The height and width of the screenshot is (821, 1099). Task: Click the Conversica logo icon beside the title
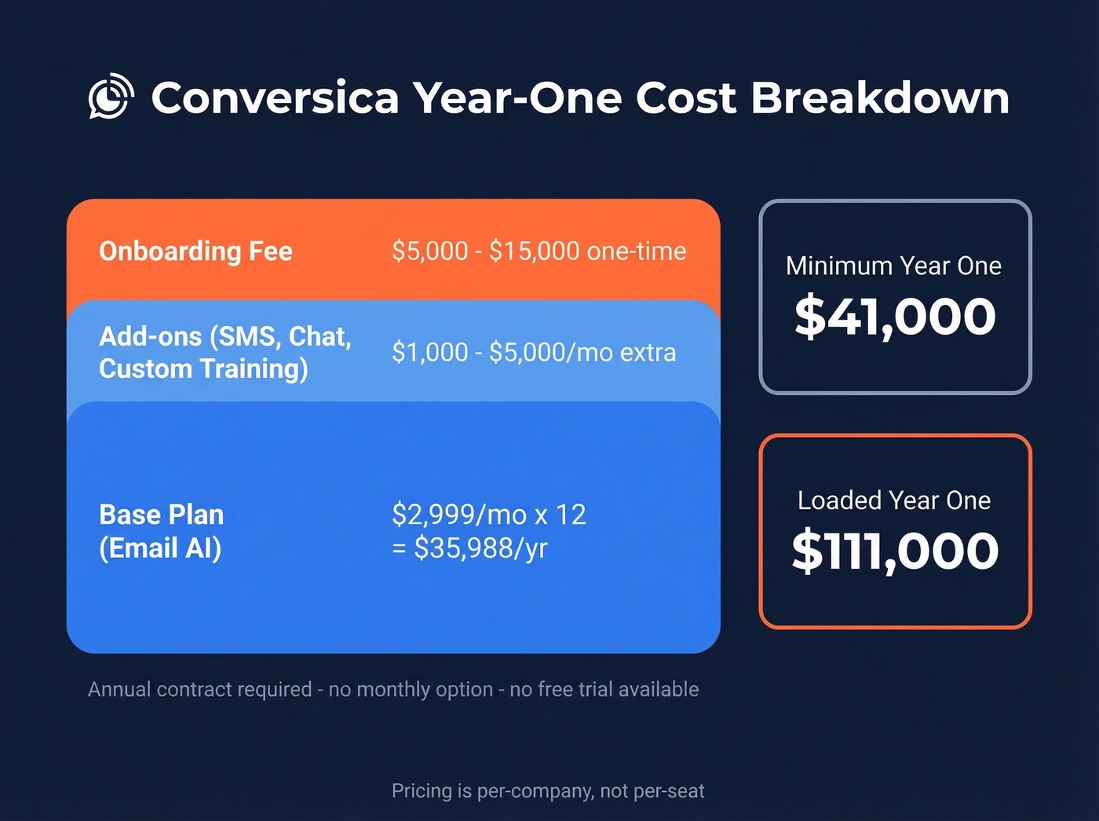111,97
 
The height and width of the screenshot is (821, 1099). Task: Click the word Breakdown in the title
880,97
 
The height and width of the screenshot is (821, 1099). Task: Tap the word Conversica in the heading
275,97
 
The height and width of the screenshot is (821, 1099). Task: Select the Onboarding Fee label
195,251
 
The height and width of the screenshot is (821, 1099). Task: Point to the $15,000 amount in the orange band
535,251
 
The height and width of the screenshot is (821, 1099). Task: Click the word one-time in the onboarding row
637,251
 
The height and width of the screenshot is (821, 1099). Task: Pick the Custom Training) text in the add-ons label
203,368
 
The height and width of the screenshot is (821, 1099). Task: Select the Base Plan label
162,515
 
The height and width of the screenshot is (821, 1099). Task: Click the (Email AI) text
160,548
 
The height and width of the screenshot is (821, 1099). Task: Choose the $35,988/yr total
480,548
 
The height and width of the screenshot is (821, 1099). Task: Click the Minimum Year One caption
893,266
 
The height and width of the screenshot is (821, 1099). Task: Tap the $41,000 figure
895,317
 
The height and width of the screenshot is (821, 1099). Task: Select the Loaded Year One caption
894,500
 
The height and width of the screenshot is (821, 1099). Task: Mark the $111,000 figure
895,551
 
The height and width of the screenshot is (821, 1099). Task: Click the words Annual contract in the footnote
160,690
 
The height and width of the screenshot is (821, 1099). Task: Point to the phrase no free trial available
604,690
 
